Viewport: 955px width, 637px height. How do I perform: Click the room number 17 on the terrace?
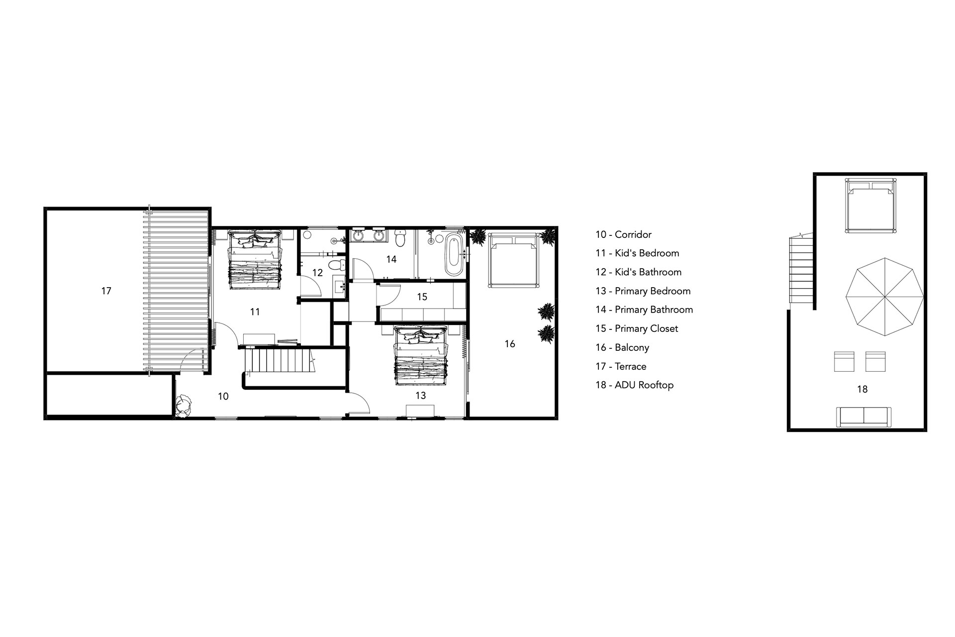pyautogui.click(x=106, y=291)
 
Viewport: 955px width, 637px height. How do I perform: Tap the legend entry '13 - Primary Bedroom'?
pyautogui.click(x=643, y=291)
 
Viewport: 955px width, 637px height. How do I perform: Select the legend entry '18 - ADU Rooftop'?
pyautogui.click(x=634, y=385)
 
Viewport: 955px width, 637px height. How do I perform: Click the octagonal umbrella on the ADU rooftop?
pyautogui.click(x=884, y=297)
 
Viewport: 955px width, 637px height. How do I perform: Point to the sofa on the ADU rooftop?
pyautogui.click(x=863, y=417)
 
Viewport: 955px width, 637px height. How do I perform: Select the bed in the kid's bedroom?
pyautogui.click(x=255, y=260)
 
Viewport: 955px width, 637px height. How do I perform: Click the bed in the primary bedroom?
pyautogui.click(x=421, y=355)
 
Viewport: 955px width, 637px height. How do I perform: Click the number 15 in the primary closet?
pyautogui.click(x=422, y=297)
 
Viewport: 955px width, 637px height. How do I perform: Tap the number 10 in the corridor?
pyautogui.click(x=223, y=397)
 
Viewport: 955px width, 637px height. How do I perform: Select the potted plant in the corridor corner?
pyautogui.click(x=184, y=405)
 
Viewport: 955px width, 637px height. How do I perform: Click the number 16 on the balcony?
pyautogui.click(x=510, y=344)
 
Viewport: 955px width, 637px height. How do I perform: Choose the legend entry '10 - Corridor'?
pyautogui.click(x=623, y=234)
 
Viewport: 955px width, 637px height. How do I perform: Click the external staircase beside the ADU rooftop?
pyautogui.click(x=801, y=269)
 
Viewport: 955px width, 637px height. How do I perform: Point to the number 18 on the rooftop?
pyautogui.click(x=862, y=389)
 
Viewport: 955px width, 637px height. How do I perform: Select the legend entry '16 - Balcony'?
pyautogui.click(x=622, y=347)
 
